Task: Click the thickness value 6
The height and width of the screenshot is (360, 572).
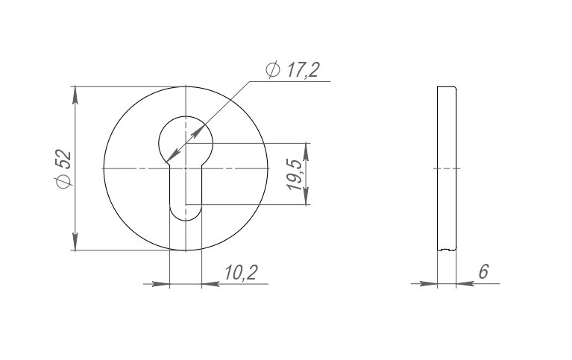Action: [x=483, y=272]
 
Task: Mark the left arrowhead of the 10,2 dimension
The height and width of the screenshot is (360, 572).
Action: [x=162, y=284]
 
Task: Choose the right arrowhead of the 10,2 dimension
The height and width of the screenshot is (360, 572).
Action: [x=209, y=284]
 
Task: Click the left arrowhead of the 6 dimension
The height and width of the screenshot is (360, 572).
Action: [x=428, y=284]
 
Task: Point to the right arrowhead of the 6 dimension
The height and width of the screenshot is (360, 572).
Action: [x=463, y=284]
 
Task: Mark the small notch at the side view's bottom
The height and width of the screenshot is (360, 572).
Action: [x=446, y=249]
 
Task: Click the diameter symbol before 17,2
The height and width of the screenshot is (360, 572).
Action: [x=272, y=70]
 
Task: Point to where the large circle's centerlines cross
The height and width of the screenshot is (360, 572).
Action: [x=185, y=169]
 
